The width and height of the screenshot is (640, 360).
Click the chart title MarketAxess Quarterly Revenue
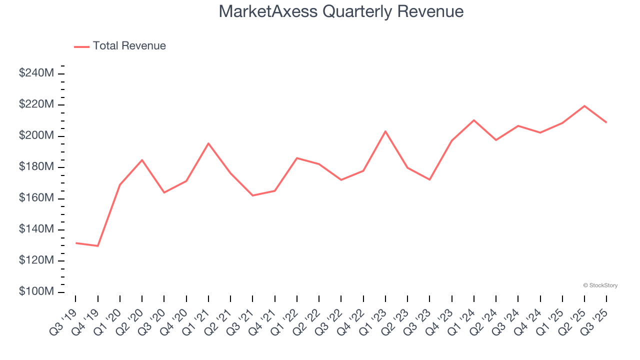tap(341, 11)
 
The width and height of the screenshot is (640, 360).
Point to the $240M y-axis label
tap(36, 73)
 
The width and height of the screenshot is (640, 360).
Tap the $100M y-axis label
tap(36, 291)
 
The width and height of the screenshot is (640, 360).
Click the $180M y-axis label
tap(36, 167)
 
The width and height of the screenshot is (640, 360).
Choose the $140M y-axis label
tap(36, 229)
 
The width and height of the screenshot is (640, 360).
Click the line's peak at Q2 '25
tap(584, 106)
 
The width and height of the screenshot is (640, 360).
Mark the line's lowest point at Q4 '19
tap(98, 246)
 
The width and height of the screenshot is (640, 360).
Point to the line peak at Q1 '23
tap(385, 131)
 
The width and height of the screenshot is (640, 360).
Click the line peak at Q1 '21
tap(208, 143)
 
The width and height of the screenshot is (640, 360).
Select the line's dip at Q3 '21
tap(252, 195)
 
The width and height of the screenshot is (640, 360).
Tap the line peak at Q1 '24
tap(474, 120)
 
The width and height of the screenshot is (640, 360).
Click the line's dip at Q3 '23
tap(429, 179)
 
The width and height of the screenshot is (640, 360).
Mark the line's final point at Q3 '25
tap(606, 122)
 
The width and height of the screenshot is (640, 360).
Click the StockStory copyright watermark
tap(600, 285)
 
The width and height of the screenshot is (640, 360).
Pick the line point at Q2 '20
tap(142, 160)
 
